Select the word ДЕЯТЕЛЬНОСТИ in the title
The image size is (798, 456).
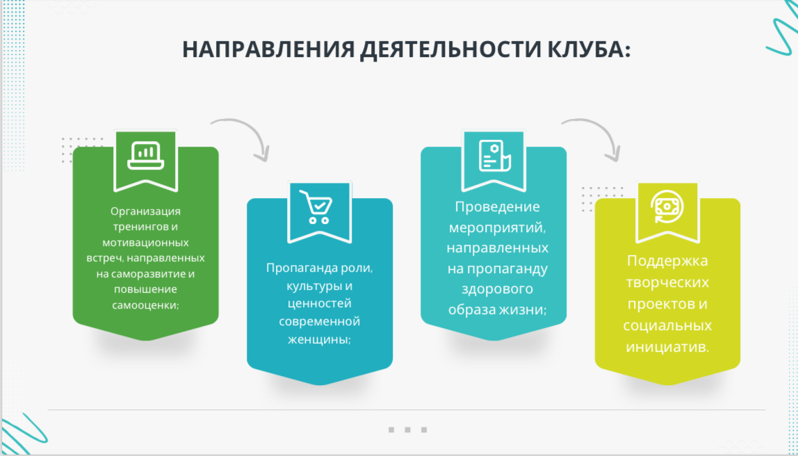point(450,50)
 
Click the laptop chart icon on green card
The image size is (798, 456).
point(145,155)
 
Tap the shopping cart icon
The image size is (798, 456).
point(316,207)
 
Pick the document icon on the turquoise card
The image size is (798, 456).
point(494,156)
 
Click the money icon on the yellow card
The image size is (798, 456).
point(667,206)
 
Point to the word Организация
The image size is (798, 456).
point(145,211)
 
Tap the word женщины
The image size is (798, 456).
point(318,340)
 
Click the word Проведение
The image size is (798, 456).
point(497,208)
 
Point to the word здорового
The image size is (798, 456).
point(497,289)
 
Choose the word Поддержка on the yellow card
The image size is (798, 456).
point(667,261)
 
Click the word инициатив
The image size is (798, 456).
point(666,347)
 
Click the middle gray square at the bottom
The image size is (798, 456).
point(407,430)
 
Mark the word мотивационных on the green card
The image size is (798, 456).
point(145,242)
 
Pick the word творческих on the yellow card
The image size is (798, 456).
point(667,282)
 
